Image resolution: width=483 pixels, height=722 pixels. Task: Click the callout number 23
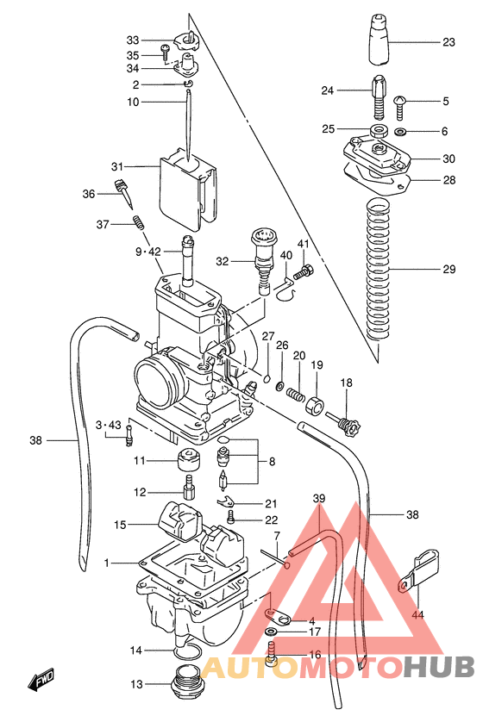point(448,41)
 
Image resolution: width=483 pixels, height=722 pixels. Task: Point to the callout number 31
point(117,165)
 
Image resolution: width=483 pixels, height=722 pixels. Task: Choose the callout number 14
point(136,650)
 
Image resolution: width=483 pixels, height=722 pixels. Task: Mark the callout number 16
point(315,655)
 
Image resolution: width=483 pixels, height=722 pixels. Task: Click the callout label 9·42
point(147,252)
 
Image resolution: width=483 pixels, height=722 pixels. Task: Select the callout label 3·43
point(110,424)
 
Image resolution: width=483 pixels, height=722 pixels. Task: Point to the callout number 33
point(132,40)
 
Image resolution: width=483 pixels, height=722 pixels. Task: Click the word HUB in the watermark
point(439,667)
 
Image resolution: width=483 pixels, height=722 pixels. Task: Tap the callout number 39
point(318,499)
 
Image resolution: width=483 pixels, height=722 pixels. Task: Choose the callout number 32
point(223,261)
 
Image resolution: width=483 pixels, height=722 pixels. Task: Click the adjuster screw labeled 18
point(345,422)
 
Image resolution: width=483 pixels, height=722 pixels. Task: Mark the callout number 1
point(108,563)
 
